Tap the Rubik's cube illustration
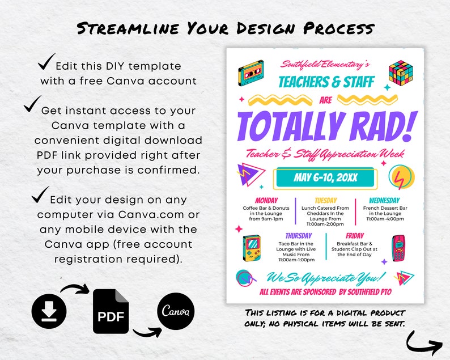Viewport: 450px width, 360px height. pyautogui.click(x=400, y=73)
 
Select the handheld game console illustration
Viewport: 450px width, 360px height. pyautogui.click(x=251, y=248)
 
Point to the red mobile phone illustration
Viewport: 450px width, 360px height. pyautogui.click(x=398, y=247)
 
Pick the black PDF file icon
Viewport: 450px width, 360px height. pyautogui.click(x=110, y=311)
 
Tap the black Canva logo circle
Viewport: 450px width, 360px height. pyautogui.click(x=175, y=311)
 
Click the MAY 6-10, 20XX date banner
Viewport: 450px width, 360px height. pyautogui.click(x=325, y=178)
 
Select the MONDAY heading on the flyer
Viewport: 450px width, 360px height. pyautogui.click(x=266, y=200)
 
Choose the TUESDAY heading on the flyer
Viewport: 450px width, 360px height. pyautogui.click(x=325, y=200)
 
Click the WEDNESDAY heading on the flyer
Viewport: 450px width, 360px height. pyautogui.click(x=384, y=200)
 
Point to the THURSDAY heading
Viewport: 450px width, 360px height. pyautogui.click(x=299, y=235)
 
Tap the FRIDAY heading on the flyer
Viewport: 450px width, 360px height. pyautogui.click(x=355, y=235)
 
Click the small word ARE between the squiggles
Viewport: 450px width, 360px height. pyautogui.click(x=326, y=100)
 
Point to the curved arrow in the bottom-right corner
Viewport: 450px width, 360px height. pyautogui.click(x=424, y=341)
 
